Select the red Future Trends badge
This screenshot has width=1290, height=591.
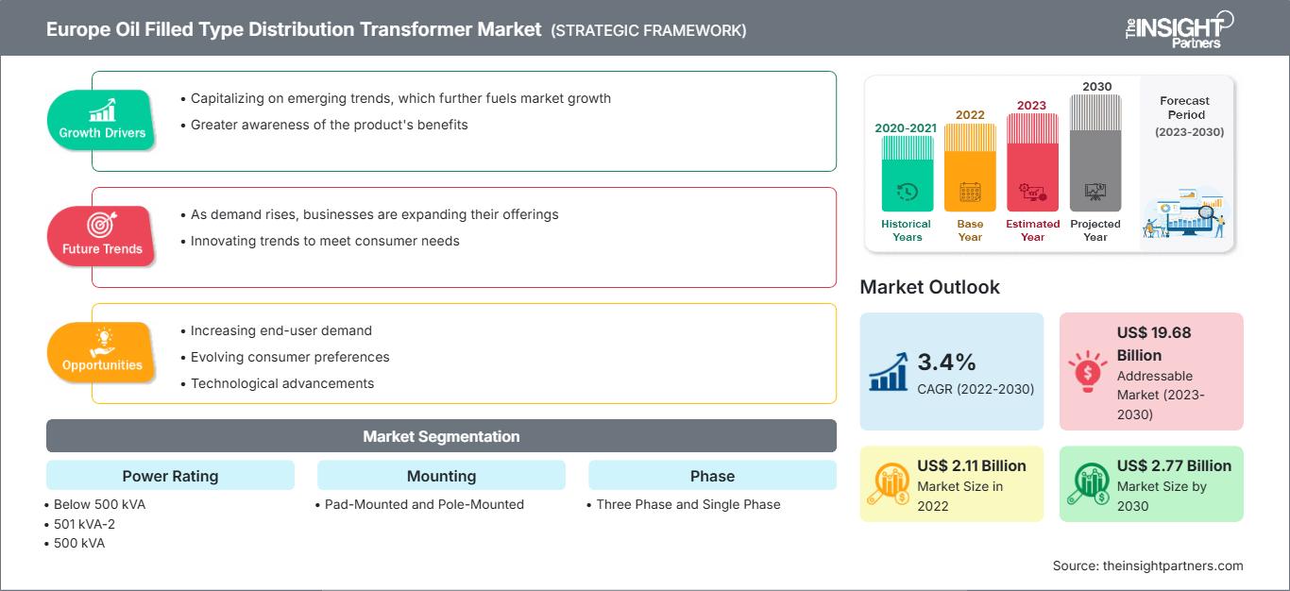[100, 236]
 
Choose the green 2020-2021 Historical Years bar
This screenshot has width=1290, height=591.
[907, 174]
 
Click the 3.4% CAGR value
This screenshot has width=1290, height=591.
[946, 362]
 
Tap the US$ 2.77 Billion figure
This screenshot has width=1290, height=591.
[1174, 465]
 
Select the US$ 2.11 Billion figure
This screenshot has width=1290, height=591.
[971, 465]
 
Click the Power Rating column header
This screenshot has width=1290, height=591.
[170, 476]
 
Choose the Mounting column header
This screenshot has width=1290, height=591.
[441, 476]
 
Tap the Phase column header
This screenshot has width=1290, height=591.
[712, 476]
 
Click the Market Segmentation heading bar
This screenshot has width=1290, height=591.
[441, 436]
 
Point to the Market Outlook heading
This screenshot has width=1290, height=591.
[929, 287]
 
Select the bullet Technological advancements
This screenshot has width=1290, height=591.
[282, 383]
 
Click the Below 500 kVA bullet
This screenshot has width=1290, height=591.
[99, 504]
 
